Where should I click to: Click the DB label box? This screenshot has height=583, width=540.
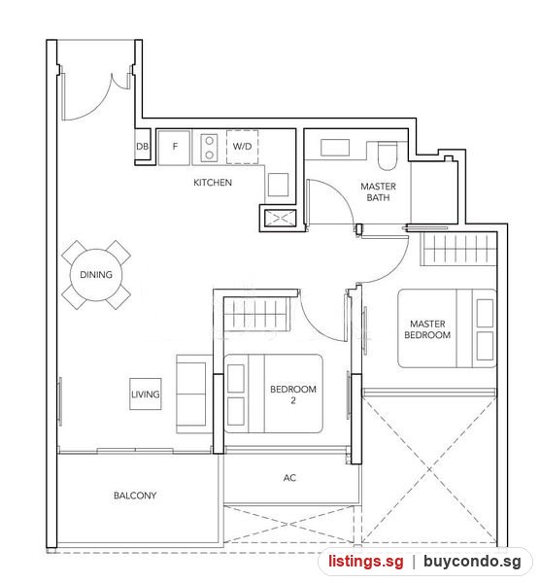pos(143,147)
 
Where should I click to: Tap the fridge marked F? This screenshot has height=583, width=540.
pos(174,147)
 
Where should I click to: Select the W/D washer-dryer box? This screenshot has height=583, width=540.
pos(242,147)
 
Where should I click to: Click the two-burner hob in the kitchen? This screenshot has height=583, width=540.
pos(209,148)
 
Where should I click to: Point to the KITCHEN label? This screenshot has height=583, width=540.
pos(213,183)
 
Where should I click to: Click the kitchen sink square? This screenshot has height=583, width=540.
pos(279,185)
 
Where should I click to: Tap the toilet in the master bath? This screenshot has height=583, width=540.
pos(388,155)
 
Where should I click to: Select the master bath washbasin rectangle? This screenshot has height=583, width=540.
pos(335,148)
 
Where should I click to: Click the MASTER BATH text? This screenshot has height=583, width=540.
pos(379,191)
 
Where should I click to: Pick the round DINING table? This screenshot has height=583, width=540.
pos(96,275)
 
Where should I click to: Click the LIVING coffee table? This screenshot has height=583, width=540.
pos(146,394)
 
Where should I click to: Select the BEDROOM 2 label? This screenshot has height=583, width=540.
pos(293,394)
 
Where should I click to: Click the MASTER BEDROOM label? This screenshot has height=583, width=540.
pos(427,329)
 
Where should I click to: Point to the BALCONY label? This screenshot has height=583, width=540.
pos(135,496)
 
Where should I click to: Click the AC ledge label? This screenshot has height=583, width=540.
pos(289,478)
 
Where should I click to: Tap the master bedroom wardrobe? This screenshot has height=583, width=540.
pos(458,249)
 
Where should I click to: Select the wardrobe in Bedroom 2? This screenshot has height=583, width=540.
pos(256,314)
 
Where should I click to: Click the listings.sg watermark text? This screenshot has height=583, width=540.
pos(366,562)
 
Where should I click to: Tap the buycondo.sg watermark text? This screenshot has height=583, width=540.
pos(473,562)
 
